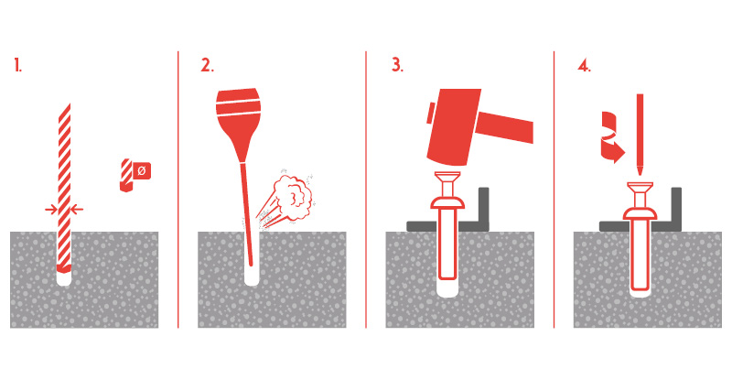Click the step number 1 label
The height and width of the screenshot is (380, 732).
(17, 65)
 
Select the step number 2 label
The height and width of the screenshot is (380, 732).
(208, 65)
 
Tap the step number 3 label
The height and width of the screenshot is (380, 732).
(397, 65)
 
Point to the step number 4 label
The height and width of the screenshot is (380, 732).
(584, 65)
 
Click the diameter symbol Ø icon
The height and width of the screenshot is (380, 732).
(142, 170)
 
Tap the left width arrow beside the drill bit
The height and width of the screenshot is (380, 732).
(51, 210)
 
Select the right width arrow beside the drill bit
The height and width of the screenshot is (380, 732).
(77, 210)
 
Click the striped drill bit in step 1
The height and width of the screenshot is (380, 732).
(64, 187)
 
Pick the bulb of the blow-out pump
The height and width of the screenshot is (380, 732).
(238, 114)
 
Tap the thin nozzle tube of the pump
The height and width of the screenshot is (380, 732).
(246, 212)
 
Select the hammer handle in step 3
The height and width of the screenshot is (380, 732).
(507, 125)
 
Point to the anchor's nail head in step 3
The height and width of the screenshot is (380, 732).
(447, 179)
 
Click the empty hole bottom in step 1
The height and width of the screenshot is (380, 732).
(64, 279)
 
